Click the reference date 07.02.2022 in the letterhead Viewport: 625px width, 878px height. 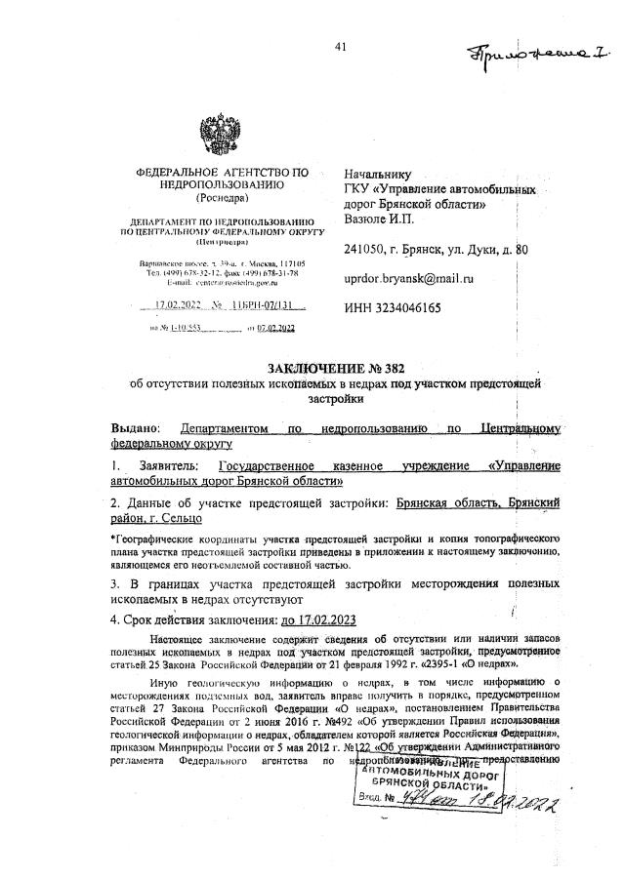coord(274,330)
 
